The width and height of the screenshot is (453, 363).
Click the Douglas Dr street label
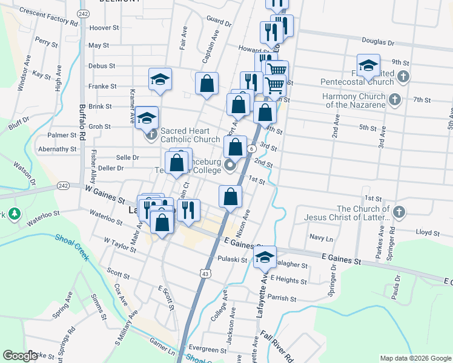(x=378, y=43)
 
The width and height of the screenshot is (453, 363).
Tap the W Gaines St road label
(x=105, y=197)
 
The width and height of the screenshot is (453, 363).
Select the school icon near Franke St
(x=160, y=79)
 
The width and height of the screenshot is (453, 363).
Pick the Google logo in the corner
(x=20, y=355)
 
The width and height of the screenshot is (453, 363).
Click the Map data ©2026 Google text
(x=415, y=358)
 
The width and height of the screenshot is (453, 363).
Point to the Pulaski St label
(x=233, y=260)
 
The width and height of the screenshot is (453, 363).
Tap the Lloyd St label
(x=428, y=232)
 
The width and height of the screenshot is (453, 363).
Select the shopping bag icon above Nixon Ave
(x=230, y=196)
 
